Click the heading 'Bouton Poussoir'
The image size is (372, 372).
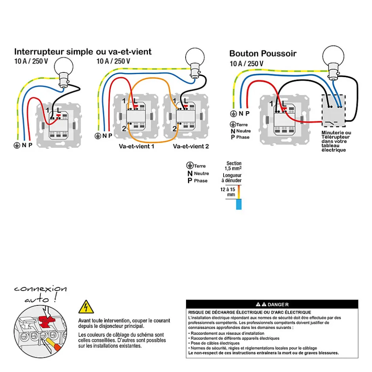263,53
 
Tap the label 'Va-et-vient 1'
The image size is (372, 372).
137,146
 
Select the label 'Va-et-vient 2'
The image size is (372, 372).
191,146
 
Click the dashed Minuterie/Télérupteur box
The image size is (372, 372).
334,109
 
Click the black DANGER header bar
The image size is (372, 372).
272,304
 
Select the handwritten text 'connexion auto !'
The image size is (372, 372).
40,294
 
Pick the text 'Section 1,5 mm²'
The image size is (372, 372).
234,166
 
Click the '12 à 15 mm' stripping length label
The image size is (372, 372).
228,192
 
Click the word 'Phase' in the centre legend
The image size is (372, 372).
201,181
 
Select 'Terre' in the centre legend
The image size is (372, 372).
200,166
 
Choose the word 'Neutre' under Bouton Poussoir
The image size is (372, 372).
243,131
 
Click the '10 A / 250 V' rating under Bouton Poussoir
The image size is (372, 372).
246,63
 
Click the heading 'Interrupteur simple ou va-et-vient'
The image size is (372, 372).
83,52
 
